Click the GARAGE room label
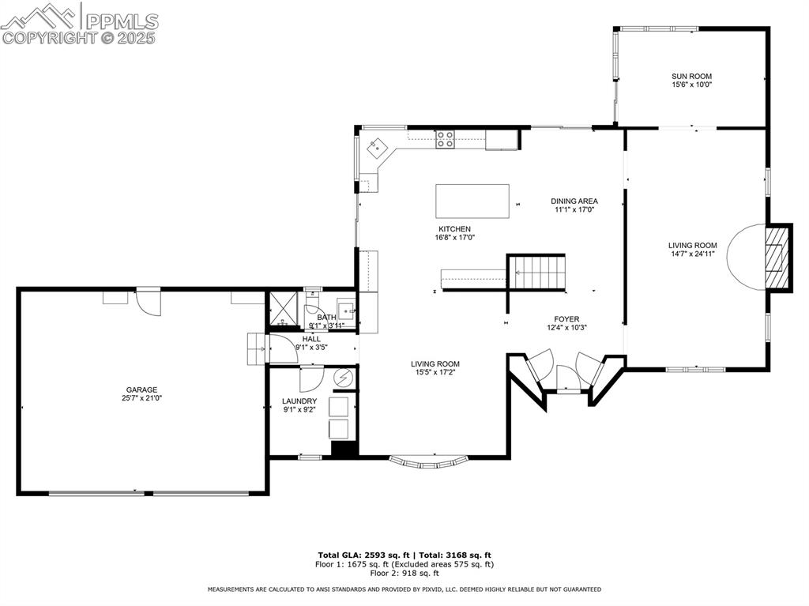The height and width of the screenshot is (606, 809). click(x=141, y=390)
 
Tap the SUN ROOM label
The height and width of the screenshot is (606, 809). click(x=691, y=77)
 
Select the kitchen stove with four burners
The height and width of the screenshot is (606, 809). click(x=445, y=139)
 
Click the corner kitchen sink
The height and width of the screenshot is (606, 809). click(x=378, y=145)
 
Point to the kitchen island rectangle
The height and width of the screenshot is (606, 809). click(x=472, y=201)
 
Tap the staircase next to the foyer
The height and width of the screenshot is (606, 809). click(x=536, y=272)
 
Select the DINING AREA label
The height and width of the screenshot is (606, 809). click(x=574, y=201)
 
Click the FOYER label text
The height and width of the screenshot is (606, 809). click(x=566, y=319)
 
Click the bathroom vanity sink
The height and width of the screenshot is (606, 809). click(x=346, y=307)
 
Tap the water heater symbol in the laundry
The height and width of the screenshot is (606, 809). click(x=344, y=378)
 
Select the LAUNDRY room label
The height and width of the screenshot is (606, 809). click(x=299, y=401)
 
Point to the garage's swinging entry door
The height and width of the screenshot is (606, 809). click(x=148, y=301)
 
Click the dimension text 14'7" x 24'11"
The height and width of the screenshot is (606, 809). click(x=692, y=254)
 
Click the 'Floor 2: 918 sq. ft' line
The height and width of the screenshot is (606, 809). click(x=404, y=573)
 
